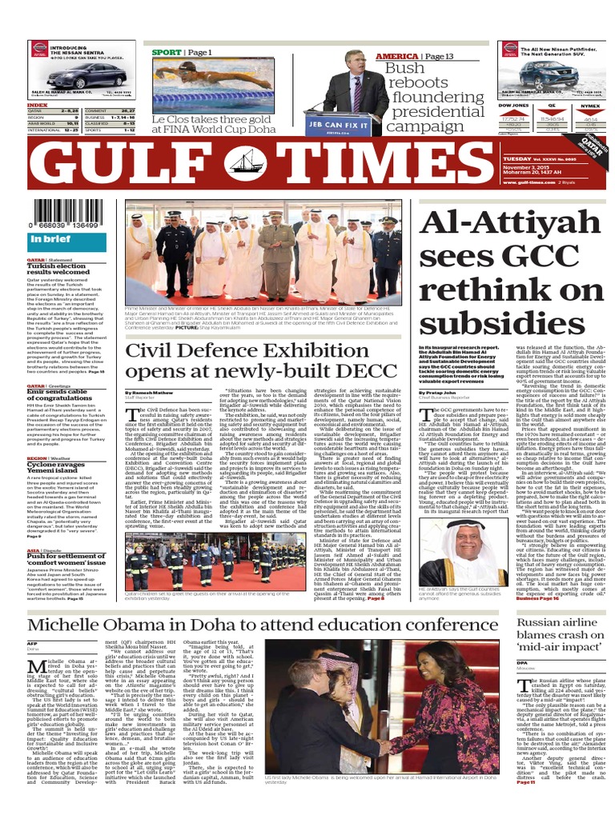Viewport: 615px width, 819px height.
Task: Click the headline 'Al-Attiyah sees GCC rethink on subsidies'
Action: [x=512, y=273]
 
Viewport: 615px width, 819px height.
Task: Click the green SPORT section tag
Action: [x=167, y=52]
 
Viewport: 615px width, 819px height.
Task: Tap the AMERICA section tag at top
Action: [x=396, y=57]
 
